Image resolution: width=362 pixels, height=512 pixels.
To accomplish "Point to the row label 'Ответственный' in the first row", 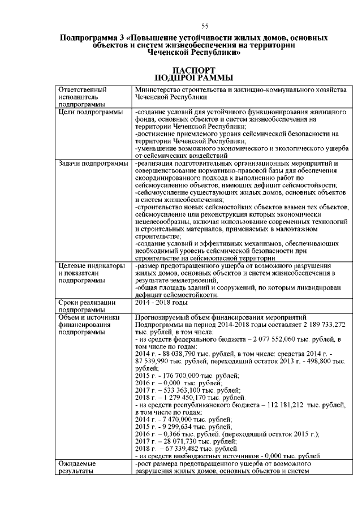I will tap(83, 89).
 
